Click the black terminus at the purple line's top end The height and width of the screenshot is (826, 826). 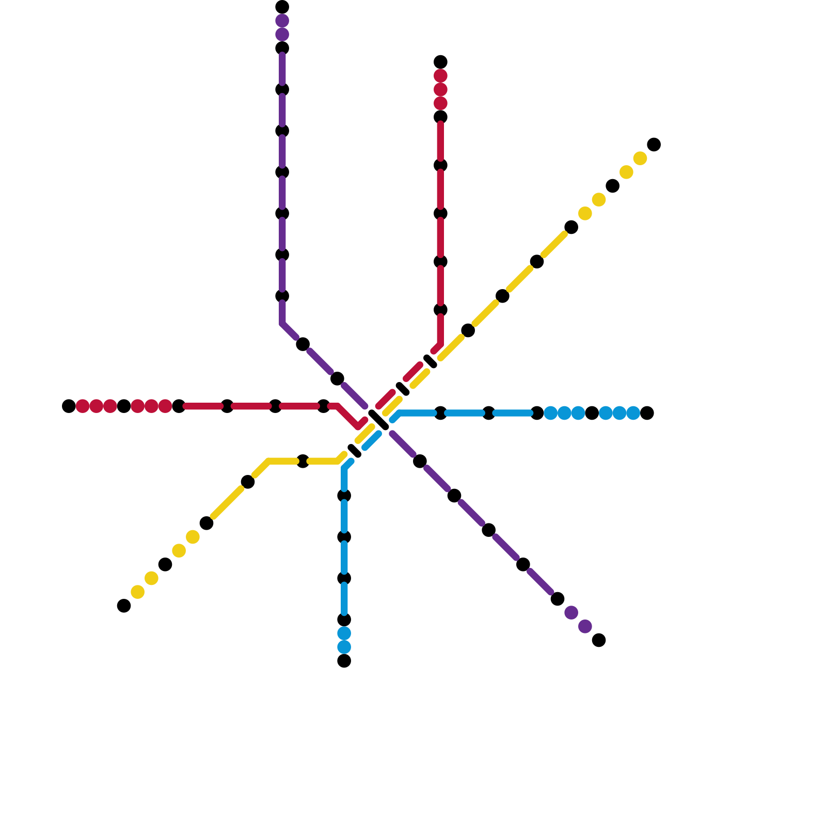pyautogui.click(x=282, y=7)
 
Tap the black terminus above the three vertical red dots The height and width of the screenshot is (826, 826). pyautogui.click(x=440, y=62)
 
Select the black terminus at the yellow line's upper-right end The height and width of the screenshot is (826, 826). pyautogui.click(x=654, y=145)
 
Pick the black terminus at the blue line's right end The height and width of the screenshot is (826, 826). pyautogui.click(x=647, y=413)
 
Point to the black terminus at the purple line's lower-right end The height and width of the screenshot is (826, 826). pyautogui.click(x=599, y=640)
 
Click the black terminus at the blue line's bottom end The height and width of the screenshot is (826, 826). pyautogui.click(x=344, y=661)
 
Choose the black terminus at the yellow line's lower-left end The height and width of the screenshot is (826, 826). pyautogui.click(x=124, y=606)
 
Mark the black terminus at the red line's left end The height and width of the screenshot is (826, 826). pyautogui.click(x=69, y=406)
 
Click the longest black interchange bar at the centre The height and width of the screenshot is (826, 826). pyautogui.click(x=378, y=420)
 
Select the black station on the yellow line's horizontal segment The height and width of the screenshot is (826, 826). pyautogui.click(x=303, y=462)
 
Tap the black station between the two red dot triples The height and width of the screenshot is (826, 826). pyautogui.click(x=124, y=406)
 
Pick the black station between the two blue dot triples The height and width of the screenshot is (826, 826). pyautogui.click(x=592, y=413)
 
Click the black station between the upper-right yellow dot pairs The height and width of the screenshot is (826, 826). pyautogui.click(x=613, y=186)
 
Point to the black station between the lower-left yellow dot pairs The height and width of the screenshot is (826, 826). pyautogui.click(x=165, y=564)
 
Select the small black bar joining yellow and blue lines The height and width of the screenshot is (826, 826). pyautogui.click(x=355, y=451)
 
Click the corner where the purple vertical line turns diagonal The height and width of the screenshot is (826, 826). pyautogui.click(x=282, y=324)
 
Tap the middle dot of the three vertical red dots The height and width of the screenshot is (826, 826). pyautogui.click(x=440, y=90)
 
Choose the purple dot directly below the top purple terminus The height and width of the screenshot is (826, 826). pyautogui.click(x=282, y=21)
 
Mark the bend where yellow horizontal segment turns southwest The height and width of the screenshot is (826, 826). pyautogui.click(x=269, y=462)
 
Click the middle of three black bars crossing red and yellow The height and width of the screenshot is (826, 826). pyautogui.click(x=403, y=389)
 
